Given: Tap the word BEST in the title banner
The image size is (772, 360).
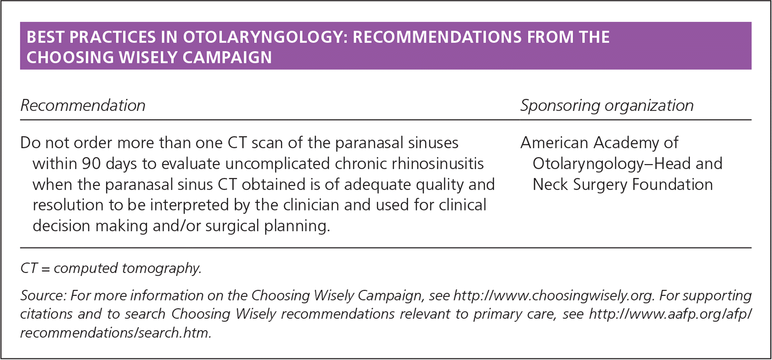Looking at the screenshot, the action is point(45,37).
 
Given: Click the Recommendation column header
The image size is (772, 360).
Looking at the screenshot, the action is point(83,105).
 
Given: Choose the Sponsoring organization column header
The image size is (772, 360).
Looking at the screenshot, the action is point(607,105).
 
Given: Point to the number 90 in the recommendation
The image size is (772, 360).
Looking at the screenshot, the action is point(91,164).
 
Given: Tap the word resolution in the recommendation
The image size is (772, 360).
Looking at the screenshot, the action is point(68,205).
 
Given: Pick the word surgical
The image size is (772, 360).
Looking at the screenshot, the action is point(232,226).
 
